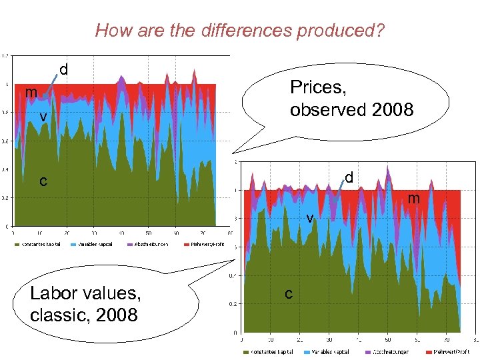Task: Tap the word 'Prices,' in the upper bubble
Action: coord(318,87)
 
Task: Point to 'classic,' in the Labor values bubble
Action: coord(58,313)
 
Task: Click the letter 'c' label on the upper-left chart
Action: coord(43,181)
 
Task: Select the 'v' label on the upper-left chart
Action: coord(42,117)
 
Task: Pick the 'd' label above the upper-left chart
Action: coord(64,69)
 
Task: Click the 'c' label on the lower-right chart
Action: coord(288,293)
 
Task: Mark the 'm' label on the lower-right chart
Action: coord(414,198)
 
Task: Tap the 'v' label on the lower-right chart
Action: coord(309,218)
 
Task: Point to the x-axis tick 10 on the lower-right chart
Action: coord(271,339)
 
